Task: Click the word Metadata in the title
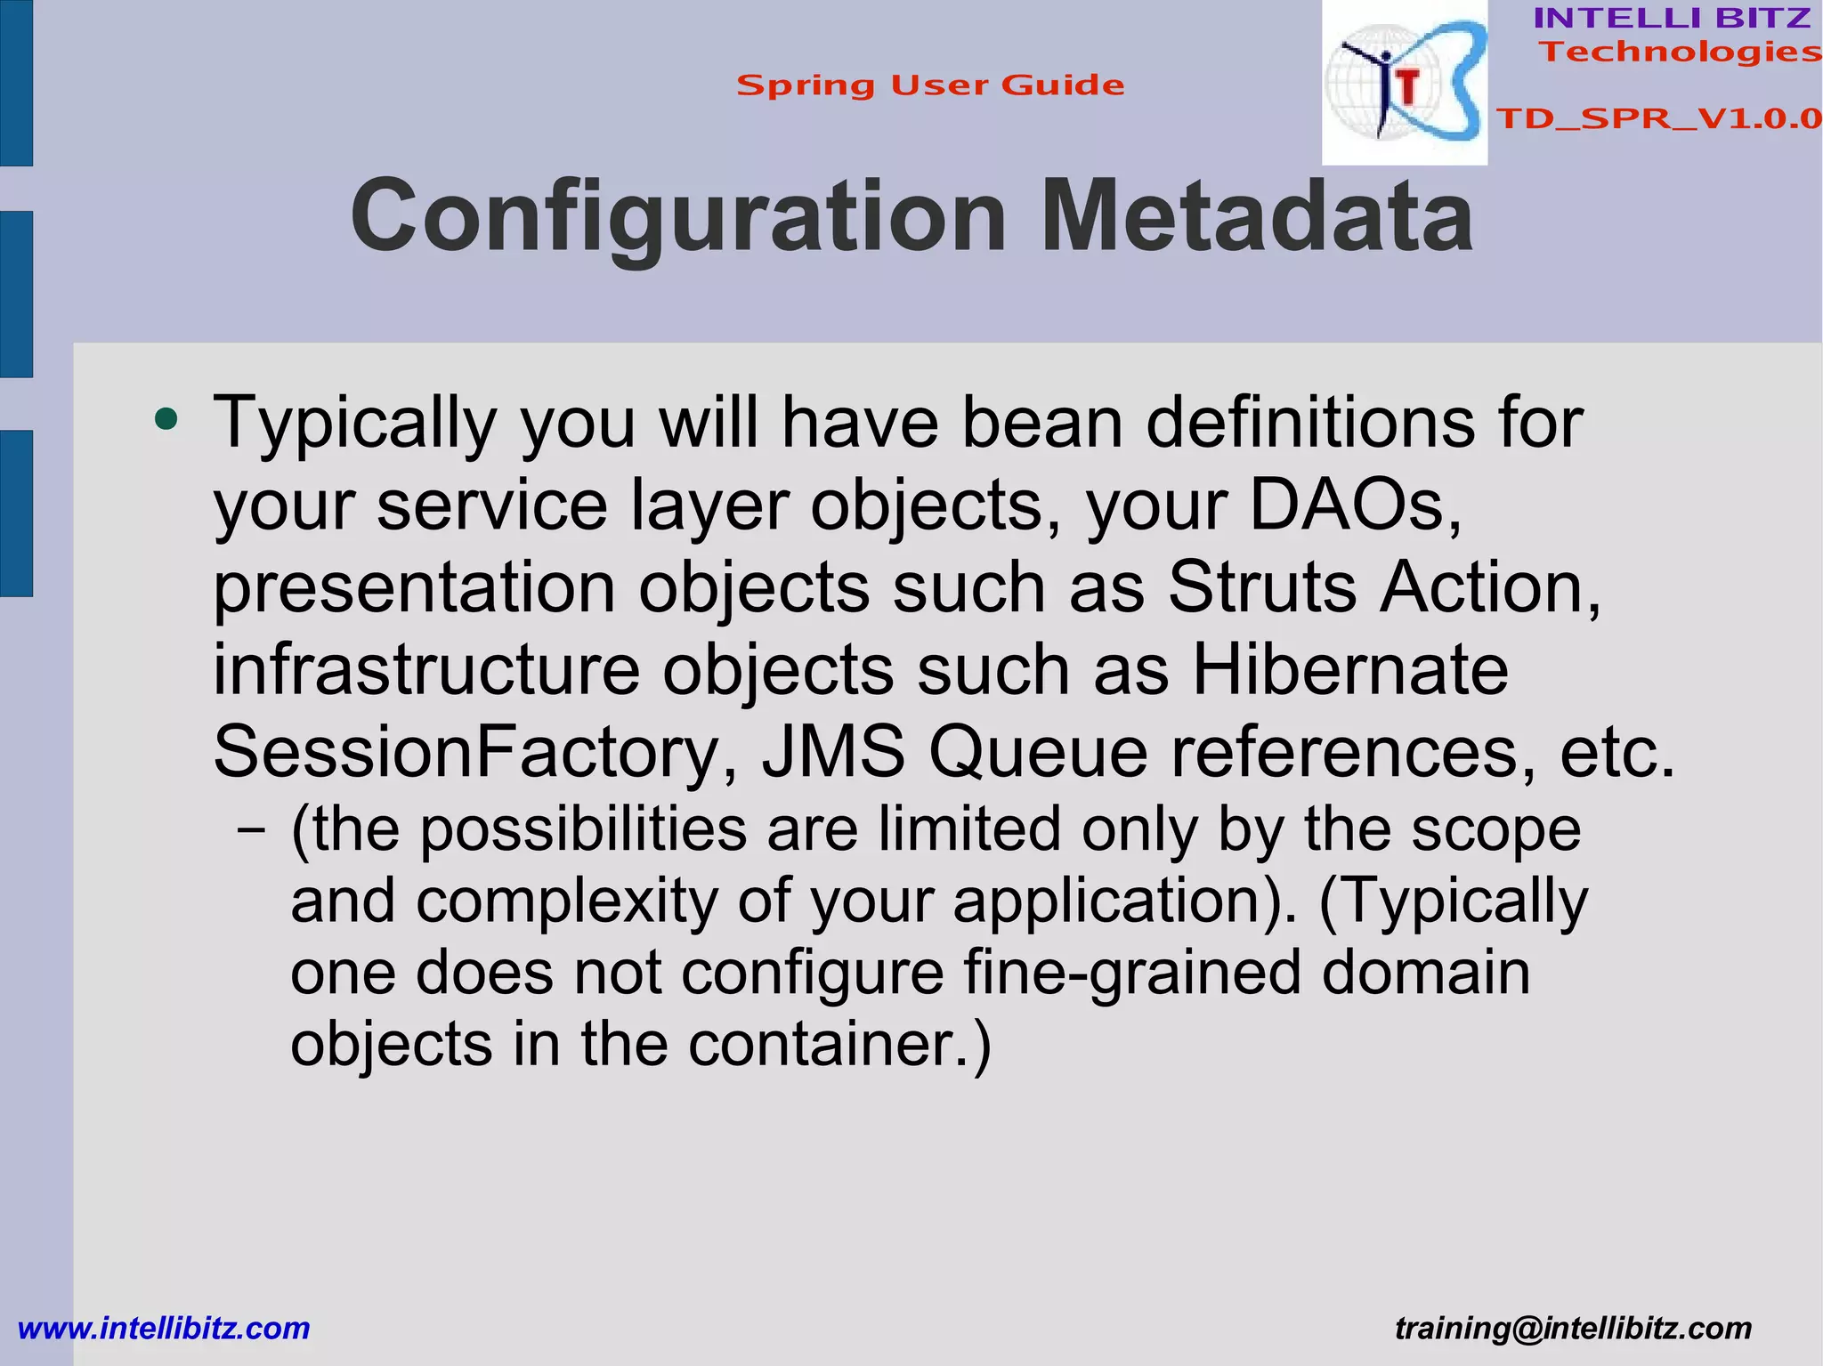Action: coord(1256,217)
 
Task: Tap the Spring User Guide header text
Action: coord(930,85)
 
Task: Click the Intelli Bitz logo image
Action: coord(1404,83)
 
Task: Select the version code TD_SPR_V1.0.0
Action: coord(1658,118)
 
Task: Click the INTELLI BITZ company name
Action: coord(1672,18)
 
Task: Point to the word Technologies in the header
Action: coord(1680,52)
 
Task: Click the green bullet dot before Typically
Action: coord(166,418)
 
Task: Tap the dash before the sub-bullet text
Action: coord(252,830)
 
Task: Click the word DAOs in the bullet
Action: coord(1355,505)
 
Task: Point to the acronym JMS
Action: coord(832,753)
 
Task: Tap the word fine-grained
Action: coord(1131,973)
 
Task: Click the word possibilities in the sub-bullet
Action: coord(583,830)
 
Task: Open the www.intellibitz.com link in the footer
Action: coord(164,1329)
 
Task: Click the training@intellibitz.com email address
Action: coord(1573,1329)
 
